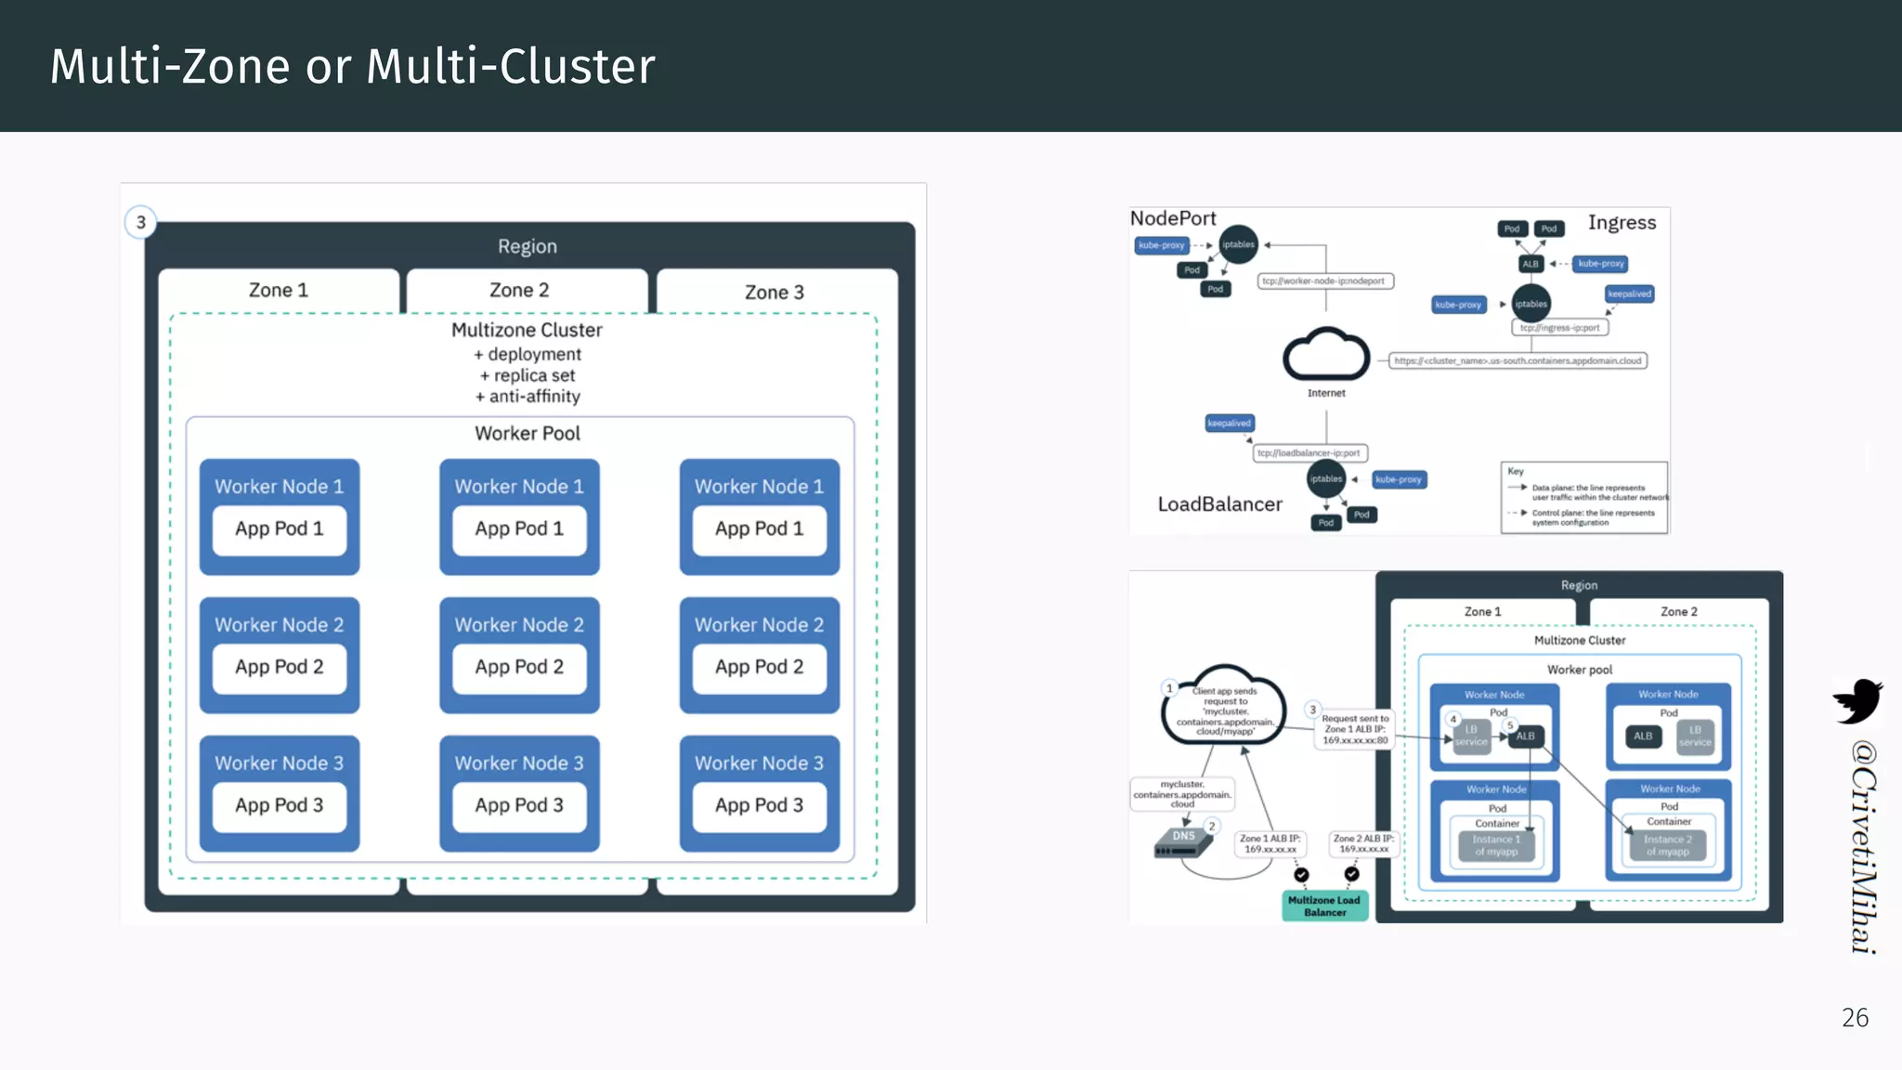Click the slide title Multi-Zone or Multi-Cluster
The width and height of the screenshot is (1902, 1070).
352,67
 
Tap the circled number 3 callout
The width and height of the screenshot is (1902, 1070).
140,222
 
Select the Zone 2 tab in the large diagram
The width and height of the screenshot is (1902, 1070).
519,290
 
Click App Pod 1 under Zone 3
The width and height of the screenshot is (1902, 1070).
759,528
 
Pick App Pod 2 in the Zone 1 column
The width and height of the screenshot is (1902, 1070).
279,667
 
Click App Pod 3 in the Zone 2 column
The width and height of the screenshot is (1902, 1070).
519,805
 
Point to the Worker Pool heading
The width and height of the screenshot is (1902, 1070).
527,433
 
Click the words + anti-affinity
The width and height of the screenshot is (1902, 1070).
528,397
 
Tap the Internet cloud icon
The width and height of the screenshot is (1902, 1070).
1325,356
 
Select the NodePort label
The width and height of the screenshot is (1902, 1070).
1172,218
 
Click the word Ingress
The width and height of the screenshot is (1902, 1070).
1622,222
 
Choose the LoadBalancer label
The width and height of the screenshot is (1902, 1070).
1219,504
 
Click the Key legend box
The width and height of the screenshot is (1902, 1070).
1583,498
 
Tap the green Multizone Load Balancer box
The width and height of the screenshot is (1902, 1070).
1324,906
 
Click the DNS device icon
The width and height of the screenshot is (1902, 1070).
1183,842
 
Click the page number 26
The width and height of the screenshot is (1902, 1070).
1855,1018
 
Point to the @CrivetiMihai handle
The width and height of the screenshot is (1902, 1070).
1862,846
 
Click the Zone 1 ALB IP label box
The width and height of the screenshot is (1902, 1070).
1270,843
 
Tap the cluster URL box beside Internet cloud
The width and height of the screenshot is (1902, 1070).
1518,360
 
